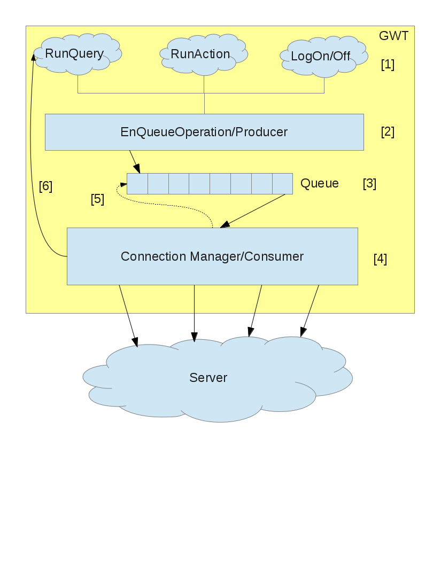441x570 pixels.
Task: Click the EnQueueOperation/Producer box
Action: [204, 132]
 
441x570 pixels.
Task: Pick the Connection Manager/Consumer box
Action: [212, 256]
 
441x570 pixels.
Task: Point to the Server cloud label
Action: [208, 378]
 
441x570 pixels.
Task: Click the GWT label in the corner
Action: [393, 36]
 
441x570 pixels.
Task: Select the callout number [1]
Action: [388, 65]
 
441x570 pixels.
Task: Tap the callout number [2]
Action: [388, 132]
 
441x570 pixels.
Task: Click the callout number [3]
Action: [369, 184]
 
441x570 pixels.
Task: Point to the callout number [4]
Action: [380, 260]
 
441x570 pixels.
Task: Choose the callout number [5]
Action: [97, 199]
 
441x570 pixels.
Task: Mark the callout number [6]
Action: [45, 186]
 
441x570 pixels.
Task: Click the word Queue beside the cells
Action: [320, 184]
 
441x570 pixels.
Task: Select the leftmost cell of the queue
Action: [137, 184]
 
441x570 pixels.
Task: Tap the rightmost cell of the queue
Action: [282, 184]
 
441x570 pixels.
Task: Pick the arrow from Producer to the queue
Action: [135, 161]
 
